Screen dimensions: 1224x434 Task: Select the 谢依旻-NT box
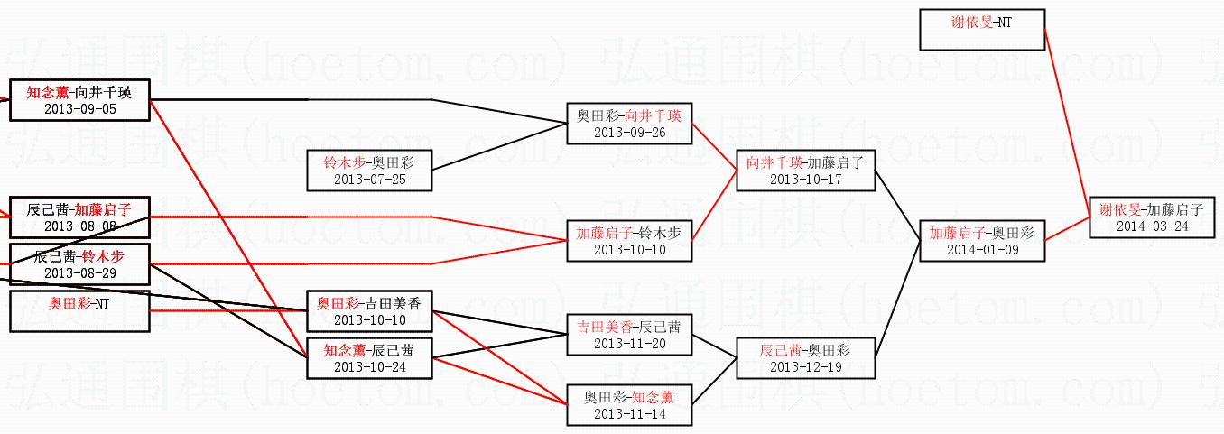pos(981,30)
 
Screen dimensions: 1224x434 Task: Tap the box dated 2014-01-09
pos(981,241)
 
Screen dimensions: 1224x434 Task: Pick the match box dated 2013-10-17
pos(805,171)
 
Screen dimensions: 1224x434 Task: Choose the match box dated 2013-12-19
pos(805,357)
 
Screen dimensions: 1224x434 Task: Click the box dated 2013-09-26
pos(629,124)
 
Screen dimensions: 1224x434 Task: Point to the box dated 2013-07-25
pos(369,171)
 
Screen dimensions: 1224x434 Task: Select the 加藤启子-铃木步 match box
pos(629,241)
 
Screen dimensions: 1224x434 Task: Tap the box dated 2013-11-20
pos(629,334)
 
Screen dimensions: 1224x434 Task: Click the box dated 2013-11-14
pos(629,404)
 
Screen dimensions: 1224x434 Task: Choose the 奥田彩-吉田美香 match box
pos(369,310)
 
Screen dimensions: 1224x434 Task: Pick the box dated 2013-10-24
pos(369,357)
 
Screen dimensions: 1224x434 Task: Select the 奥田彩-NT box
pos(79,310)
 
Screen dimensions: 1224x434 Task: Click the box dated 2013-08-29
pos(79,264)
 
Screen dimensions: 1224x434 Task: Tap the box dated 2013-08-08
pos(79,217)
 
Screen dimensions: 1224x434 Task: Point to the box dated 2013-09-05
pos(79,100)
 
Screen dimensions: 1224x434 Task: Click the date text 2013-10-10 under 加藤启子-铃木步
pos(629,250)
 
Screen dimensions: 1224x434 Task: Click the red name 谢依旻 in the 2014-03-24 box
pos(1119,209)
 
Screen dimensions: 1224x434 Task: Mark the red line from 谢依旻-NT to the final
pos(1067,122)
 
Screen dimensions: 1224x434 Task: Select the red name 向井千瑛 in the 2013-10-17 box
pos(774,162)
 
